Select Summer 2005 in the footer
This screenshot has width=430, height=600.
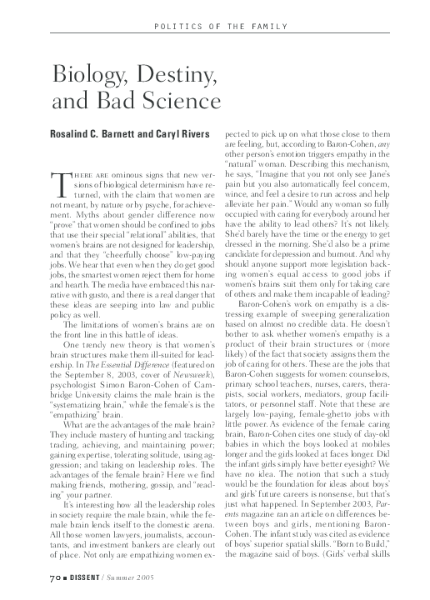click(133, 576)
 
